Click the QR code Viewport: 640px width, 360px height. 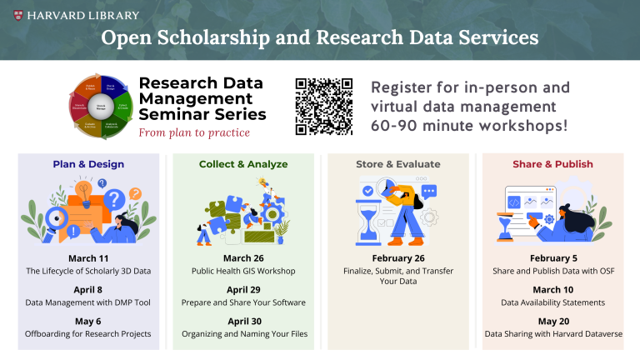[x=325, y=106]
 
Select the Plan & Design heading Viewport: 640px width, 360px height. [x=88, y=164]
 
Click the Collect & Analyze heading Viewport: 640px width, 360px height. [x=243, y=164]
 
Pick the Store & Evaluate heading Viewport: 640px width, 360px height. [x=399, y=164]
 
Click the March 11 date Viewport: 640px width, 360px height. [x=88, y=258]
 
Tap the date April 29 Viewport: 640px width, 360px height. [x=243, y=289]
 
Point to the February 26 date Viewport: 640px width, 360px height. [x=399, y=258]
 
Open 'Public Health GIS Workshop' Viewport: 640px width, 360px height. [x=243, y=271]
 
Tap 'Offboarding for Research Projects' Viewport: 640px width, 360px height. [x=88, y=333]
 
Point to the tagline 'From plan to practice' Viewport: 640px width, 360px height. [x=193, y=132]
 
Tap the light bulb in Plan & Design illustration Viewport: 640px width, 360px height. [x=82, y=188]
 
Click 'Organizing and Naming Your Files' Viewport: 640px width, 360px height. [x=243, y=333]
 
